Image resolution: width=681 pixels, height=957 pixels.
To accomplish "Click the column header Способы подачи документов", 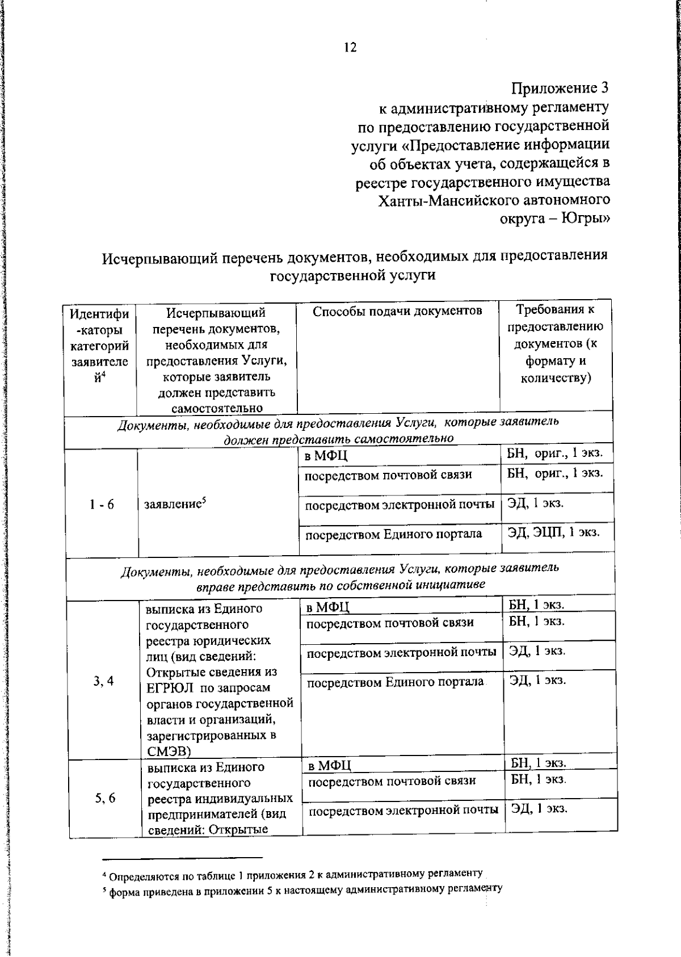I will (x=397, y=311).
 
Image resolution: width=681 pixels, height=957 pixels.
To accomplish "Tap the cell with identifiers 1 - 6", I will (x=102, y=505).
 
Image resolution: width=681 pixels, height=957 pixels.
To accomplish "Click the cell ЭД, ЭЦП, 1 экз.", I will (x=553, y=532).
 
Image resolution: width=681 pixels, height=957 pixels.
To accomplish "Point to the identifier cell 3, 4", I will (x=104, y=681).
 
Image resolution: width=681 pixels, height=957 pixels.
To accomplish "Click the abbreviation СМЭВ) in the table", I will (x=169, y=752).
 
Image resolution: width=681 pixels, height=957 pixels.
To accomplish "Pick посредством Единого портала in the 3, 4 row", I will (x=396, y=682).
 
